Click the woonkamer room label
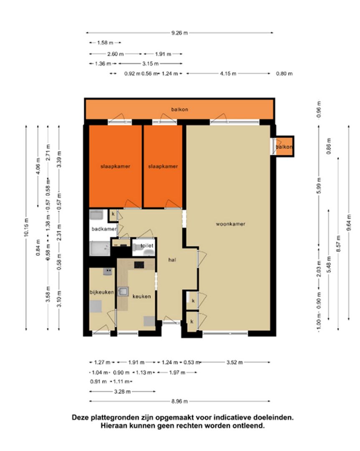point(230,224)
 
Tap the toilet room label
point(147,246)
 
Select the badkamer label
point(104,229)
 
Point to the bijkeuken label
point(102,292)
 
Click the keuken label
point(141,296)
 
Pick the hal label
point(172,260)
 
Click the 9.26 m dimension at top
point(179,33)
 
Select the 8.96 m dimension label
point(179,401)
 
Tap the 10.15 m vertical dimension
point(26,228)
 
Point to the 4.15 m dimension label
point(228,73)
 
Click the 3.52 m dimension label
point(234,362)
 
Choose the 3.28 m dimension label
point(122,392)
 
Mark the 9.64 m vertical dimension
point(349,223)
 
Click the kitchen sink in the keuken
point(123,291)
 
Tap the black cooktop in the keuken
point(139,265)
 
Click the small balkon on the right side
point(284,147)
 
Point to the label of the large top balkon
point(179,109)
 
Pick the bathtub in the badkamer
point(99,248)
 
